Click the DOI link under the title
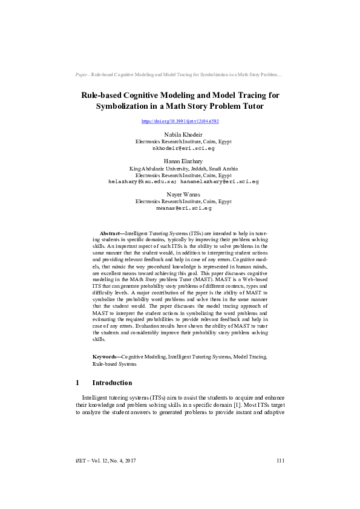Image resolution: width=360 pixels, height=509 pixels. [x=180, y=122]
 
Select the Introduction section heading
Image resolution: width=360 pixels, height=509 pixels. [x=112, y=383]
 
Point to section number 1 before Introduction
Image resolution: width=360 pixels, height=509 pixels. [x=77, y=383]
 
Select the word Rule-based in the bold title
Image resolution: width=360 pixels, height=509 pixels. [x=104, y=95]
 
